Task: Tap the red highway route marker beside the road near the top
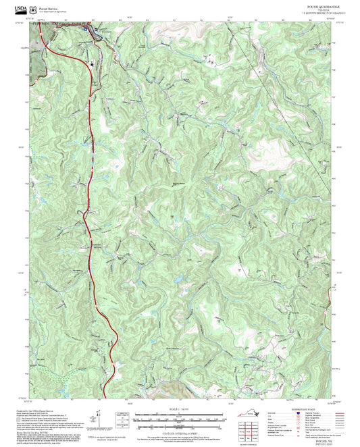point(91,64)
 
